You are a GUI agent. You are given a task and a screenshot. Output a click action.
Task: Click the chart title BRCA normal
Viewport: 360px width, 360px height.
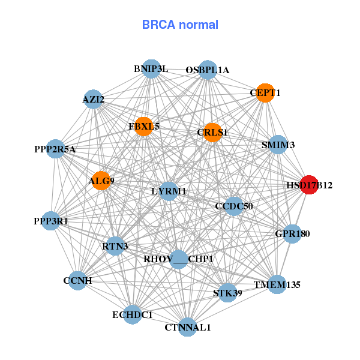[180, 25]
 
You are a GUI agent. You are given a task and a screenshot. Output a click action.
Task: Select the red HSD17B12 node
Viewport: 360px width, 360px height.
[308, 185]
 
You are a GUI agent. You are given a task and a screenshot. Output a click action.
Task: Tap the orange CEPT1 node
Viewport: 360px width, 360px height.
[265, 92]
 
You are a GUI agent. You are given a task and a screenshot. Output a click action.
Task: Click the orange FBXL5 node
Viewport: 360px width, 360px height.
[143, 127]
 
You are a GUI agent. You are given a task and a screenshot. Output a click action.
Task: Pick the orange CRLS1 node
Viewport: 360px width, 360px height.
[212, 132]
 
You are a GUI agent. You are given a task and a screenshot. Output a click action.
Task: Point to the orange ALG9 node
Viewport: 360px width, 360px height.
[101, 181]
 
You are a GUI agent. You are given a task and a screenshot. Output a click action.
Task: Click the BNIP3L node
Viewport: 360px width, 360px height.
[152, 69]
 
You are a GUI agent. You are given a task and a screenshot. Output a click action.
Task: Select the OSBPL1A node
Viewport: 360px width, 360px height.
[208, 70]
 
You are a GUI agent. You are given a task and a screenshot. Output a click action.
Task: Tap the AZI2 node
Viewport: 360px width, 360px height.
[94, 99]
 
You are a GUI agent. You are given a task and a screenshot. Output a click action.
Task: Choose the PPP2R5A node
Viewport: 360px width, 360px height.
[55, 149]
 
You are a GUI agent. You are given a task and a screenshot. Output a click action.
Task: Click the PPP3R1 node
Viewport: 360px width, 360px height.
[52, 221]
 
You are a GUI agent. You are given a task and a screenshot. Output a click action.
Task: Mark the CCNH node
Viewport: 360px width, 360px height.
[77, 280]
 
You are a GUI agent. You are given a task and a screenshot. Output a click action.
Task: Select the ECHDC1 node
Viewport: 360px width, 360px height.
[133, 314]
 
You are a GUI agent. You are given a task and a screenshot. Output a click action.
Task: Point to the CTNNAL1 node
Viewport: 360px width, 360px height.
[188, 327]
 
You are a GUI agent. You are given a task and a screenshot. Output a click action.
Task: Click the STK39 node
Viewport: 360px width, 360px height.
[227, 293]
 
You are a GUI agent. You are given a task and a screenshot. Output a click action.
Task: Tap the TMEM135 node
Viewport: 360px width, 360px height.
[277, 284]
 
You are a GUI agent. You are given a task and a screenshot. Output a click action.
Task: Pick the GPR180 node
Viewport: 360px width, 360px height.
[292, 233]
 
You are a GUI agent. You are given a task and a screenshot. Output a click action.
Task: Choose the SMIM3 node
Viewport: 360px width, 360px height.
[278, 145]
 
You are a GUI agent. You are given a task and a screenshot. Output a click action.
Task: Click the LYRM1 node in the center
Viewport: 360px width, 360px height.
[169, 191]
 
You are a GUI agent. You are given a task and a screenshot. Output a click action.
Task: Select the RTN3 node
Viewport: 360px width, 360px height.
[115, 245]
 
